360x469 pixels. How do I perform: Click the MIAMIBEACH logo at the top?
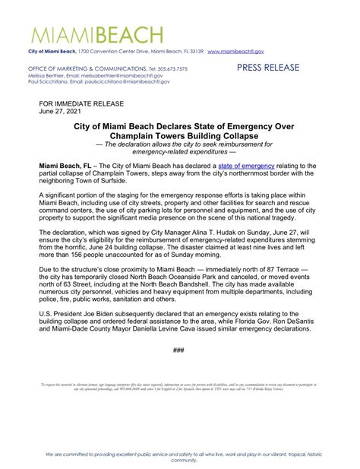point(96,34)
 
